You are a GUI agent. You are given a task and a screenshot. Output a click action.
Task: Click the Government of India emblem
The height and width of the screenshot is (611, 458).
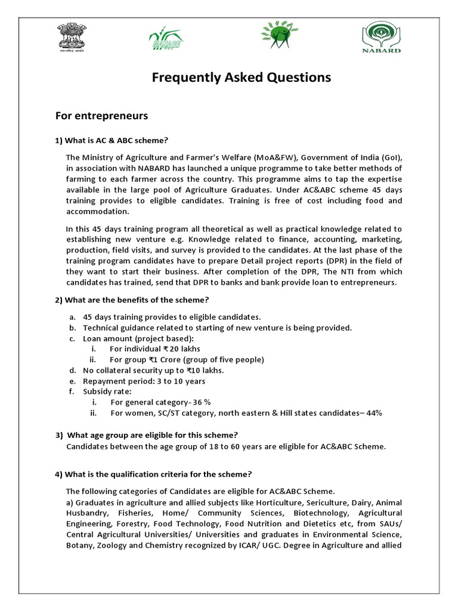point(72,38)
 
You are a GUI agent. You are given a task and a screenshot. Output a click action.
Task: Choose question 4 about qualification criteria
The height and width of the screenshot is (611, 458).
point(153,474)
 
